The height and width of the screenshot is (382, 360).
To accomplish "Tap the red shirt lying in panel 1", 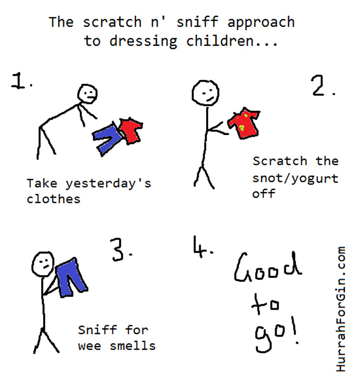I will pos(132,131).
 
